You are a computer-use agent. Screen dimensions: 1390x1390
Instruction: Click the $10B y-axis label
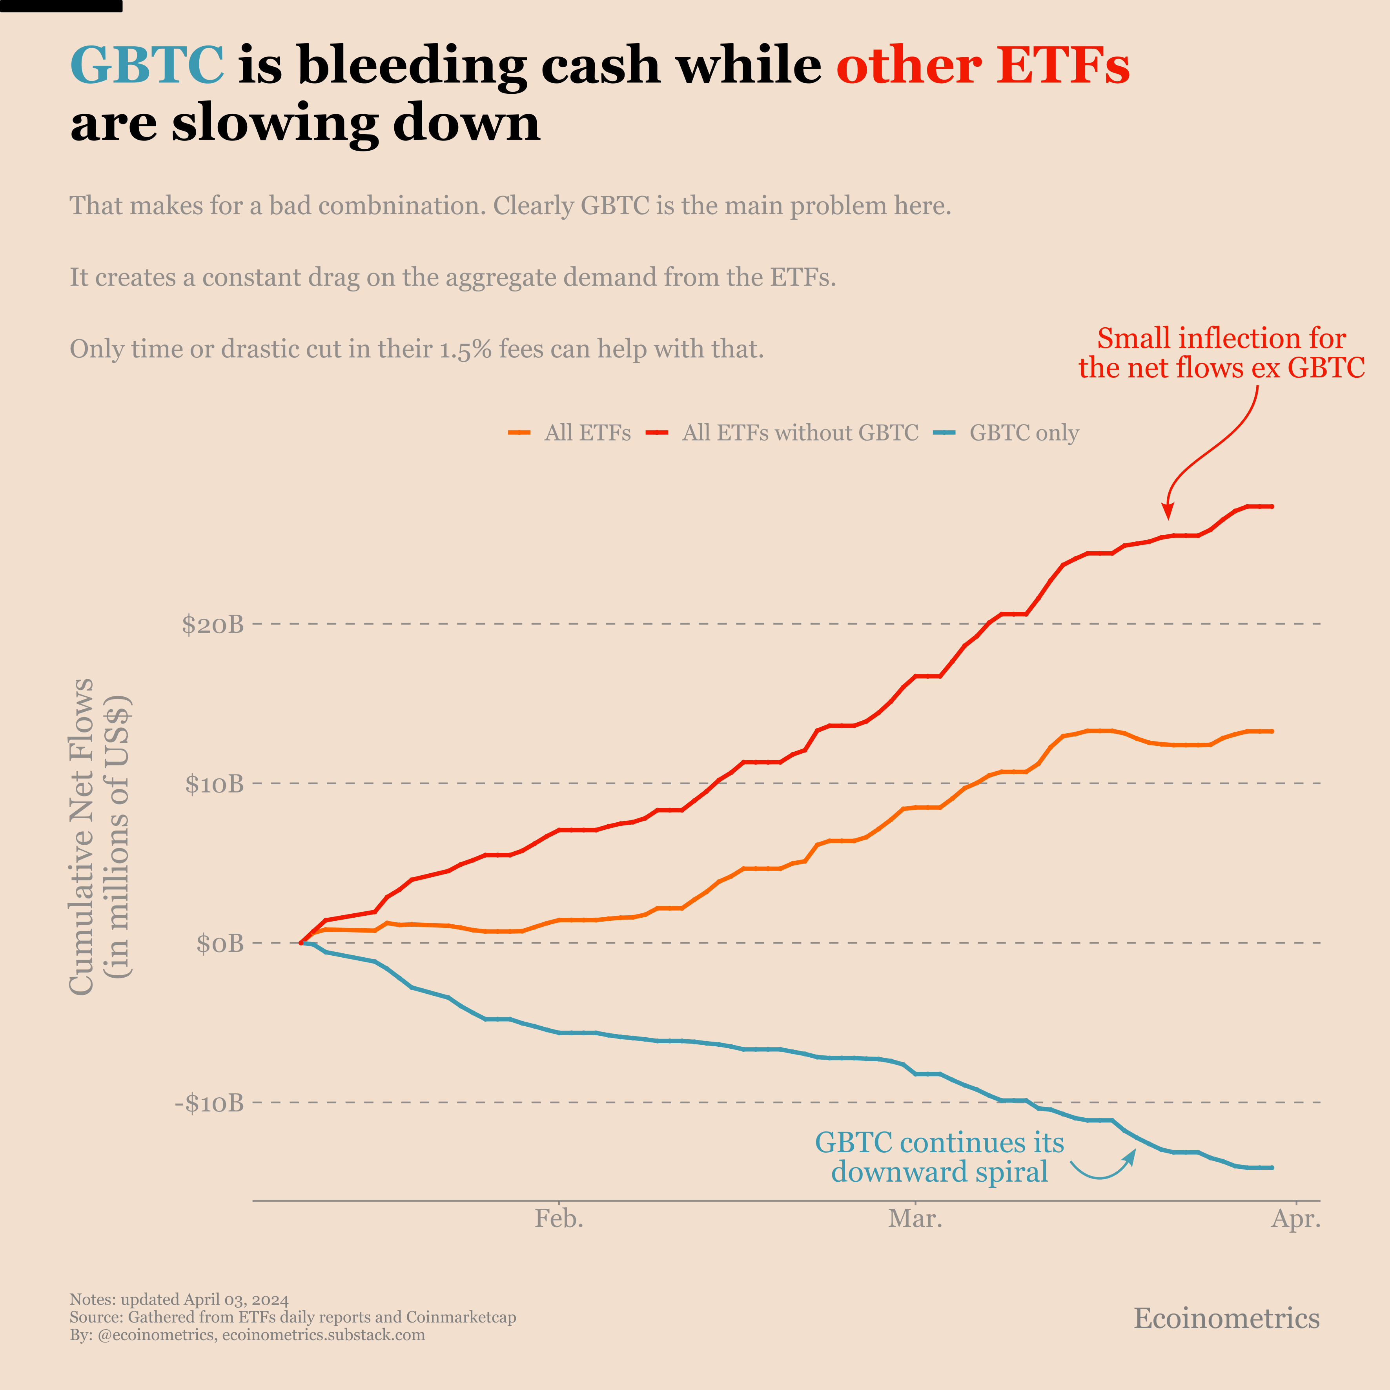click(214, 784)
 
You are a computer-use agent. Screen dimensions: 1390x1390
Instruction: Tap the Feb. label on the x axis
click(559, 1219)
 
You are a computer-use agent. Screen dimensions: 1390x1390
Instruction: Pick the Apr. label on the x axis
click(1296, 1219)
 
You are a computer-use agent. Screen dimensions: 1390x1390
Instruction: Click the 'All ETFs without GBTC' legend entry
click(799, 433)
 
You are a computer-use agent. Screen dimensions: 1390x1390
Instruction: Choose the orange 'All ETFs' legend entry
click(587, 433)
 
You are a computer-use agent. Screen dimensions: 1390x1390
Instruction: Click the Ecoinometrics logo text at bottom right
click(1226, 1318)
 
